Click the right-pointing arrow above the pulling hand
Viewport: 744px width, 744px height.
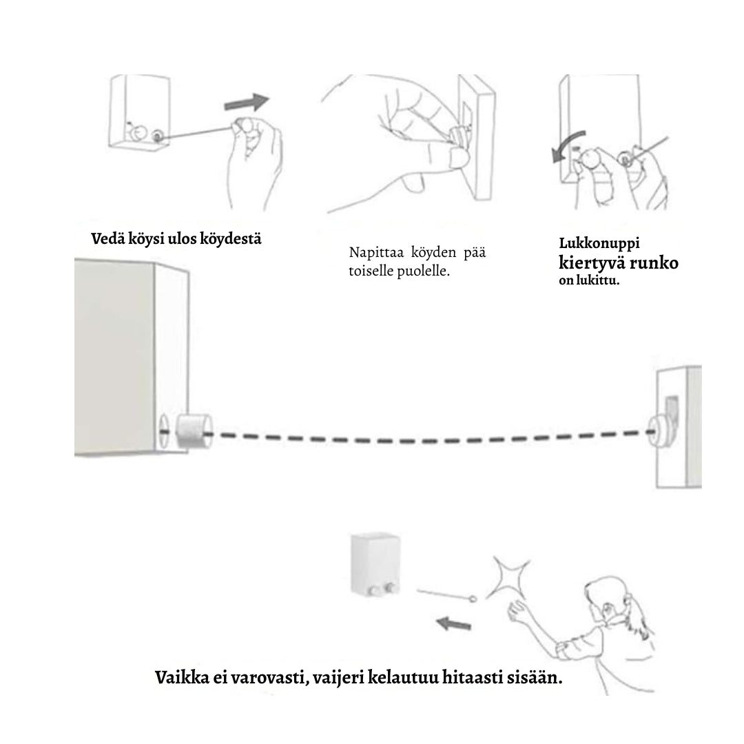coord(246,103)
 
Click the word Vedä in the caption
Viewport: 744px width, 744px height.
coord(105,240)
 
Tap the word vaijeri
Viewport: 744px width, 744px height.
coord(338,676)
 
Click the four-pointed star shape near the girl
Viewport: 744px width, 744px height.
coord(508,577)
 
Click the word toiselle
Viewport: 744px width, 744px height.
coord(372,271)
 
